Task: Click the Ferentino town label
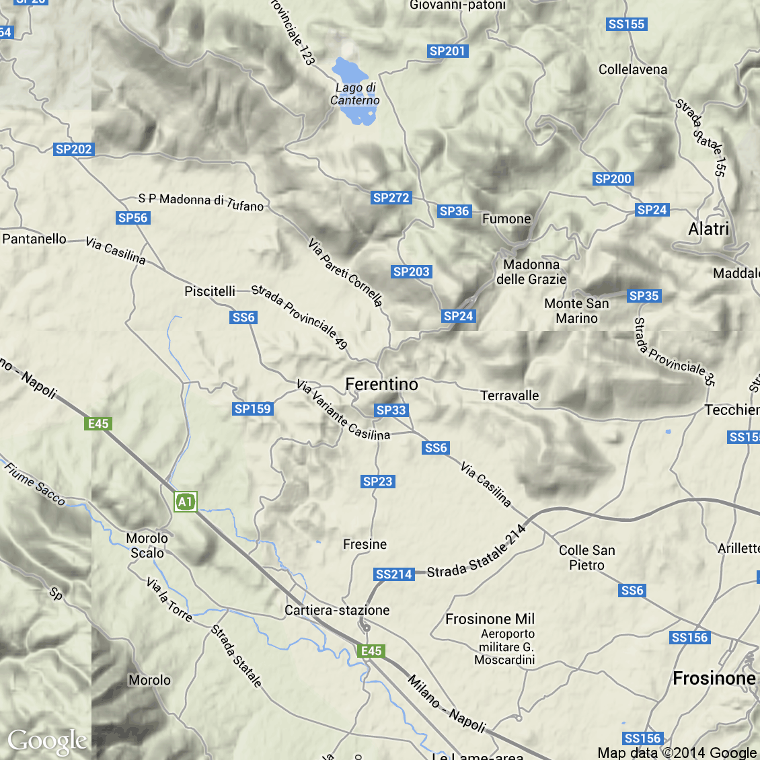tap(381, 384)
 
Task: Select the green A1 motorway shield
tap(185, 502)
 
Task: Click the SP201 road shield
tap(447, 51)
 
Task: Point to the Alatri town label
tap(708, 229)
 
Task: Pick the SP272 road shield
tap(391, 198)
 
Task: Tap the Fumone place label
tap(506, 219)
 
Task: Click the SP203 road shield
tap(411, 272)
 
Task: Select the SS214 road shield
tap(393, 574)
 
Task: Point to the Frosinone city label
tap(714, 678)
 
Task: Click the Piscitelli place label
tap(210, 291)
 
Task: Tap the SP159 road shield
tap(252, 409)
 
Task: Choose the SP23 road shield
tap(377, 482)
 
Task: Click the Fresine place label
tap(365, 544)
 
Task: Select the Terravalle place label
tap(510, 395)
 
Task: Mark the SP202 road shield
tap(73, 149)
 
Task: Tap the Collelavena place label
tap(633, 69)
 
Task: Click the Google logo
tap(47, 741)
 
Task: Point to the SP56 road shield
tap(132, 218)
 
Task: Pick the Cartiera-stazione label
tap(337, 610)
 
